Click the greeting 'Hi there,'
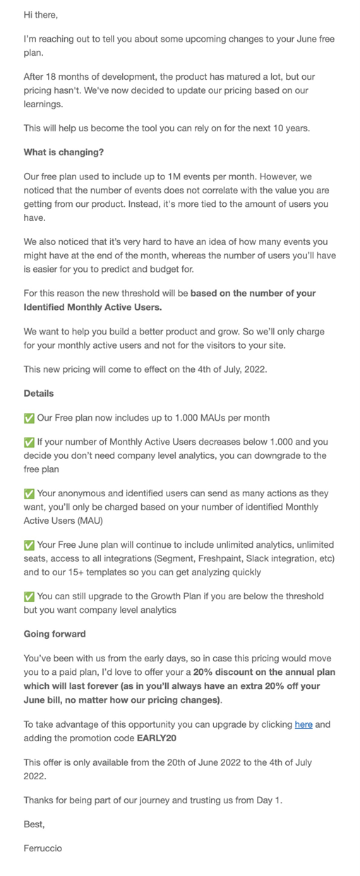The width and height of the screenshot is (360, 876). (x=41, y=15)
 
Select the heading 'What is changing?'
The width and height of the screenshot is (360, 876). (x=64, y=152)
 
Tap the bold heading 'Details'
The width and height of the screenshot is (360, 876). (x=39, y=393)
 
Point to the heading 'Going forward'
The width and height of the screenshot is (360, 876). (x=55, y=634)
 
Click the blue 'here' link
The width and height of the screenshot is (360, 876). (x=304, y=724)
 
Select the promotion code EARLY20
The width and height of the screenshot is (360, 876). (x=157, y=738)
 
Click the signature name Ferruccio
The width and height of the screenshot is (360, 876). (x=42, y=848)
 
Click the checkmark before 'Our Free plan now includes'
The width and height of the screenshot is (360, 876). (x=29, y=418)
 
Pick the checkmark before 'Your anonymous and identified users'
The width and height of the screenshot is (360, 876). (x=29, y=493)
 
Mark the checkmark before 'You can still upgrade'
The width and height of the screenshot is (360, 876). (x=29, y=596)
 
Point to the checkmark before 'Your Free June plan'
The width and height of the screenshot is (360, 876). (x=29, y=545)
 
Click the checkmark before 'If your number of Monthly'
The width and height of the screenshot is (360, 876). (x=29, y=442)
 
